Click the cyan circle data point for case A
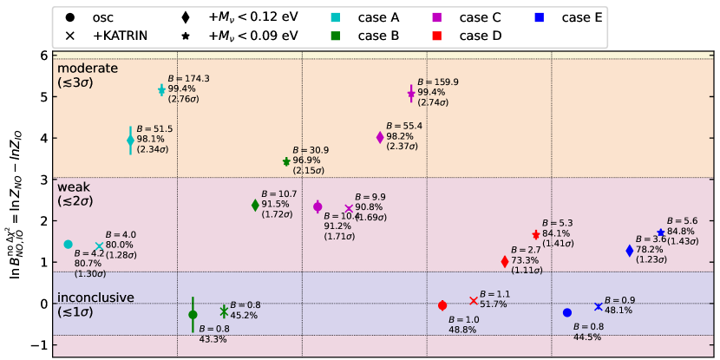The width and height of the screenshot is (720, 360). (69, 245)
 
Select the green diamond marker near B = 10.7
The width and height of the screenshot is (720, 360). (255, 206)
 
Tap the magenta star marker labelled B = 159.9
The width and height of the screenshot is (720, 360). (411, 94)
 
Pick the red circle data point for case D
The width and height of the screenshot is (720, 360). (442, 305)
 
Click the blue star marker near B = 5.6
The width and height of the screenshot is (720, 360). (660, 232)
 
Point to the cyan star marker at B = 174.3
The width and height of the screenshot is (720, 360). (161, 90)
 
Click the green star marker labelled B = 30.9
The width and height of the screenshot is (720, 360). (286, 161)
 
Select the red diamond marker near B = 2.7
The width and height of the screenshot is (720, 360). (505, 262)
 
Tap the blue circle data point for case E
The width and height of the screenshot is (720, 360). (567, 312)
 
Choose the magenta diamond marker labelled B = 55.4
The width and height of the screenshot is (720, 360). (380, 137)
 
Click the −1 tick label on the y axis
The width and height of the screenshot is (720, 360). (40, 345)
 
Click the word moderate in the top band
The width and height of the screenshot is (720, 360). (87, 68)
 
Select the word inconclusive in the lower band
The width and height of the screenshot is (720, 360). (95, 298)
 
